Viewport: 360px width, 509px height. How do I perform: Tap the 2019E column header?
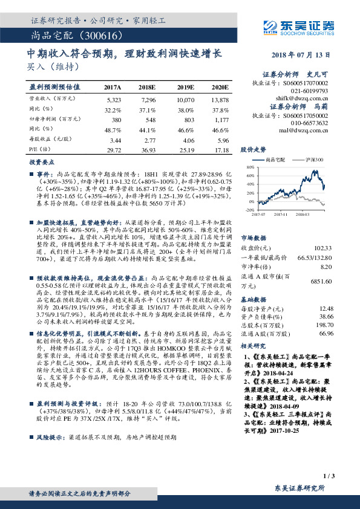coord(185,88)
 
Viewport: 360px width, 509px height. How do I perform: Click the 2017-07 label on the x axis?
coord(259,214)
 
